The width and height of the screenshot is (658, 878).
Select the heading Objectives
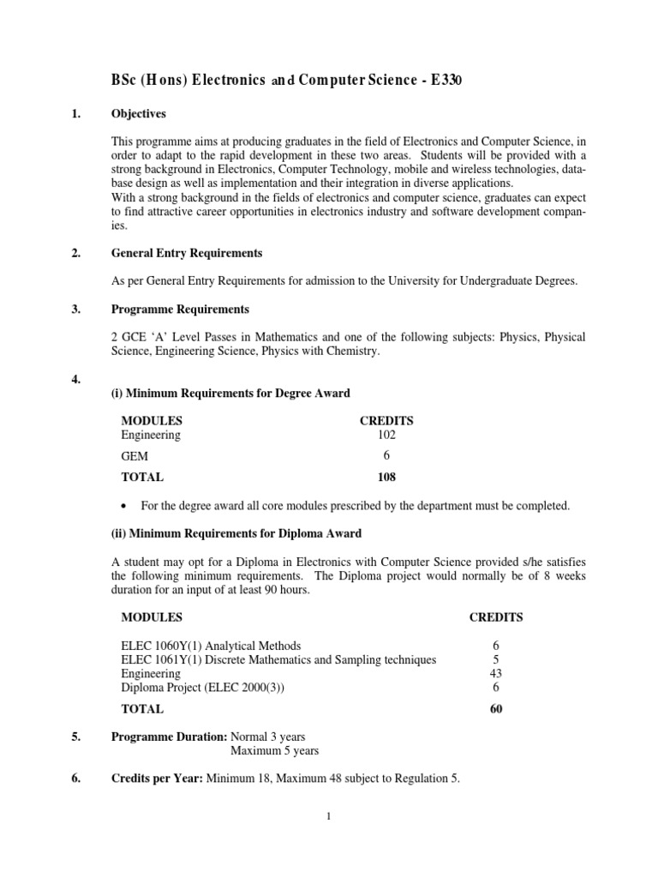139,114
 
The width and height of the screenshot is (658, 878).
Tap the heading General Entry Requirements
187,254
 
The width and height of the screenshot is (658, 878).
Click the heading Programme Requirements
179,310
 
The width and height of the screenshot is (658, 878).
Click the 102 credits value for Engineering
386,436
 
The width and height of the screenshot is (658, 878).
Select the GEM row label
135,457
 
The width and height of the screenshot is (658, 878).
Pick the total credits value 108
386,478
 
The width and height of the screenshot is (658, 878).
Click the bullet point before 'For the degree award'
126,507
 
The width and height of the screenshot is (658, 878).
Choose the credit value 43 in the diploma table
495,673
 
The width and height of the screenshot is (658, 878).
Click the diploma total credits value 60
495,709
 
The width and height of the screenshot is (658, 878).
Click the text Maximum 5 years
274,751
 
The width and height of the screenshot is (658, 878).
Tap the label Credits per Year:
158,779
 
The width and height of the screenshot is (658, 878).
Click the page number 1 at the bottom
328,816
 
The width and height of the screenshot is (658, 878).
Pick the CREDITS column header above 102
386,421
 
